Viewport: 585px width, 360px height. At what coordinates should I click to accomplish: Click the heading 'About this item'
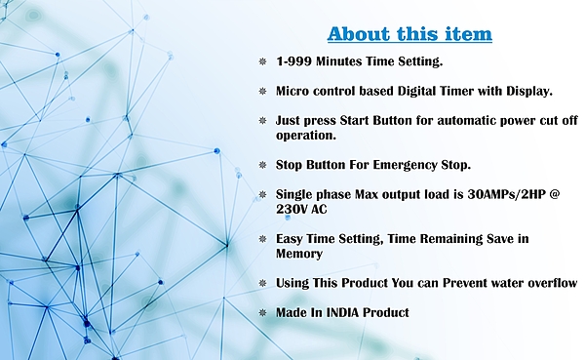click(409, 34)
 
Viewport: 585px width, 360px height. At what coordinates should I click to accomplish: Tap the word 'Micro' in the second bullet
click(294, 91)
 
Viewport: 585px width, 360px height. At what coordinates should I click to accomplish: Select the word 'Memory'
click(301, 254)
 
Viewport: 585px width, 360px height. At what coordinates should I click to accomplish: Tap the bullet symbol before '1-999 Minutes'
click(263, 61)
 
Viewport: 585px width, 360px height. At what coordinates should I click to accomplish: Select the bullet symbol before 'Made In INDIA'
click(263, 313)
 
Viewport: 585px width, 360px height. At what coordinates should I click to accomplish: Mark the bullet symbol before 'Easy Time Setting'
click(263, 239)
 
